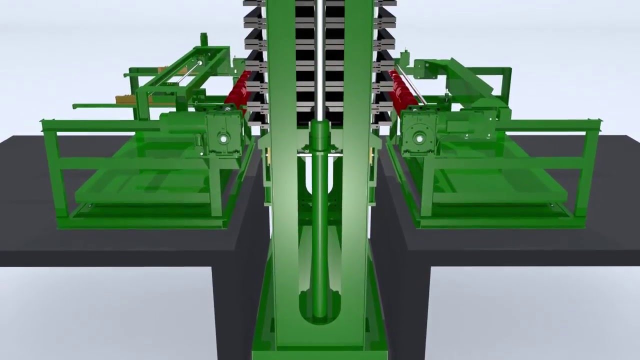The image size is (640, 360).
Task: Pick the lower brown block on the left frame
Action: pyautogui.click(x=125, y=99)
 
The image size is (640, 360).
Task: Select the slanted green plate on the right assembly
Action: pyautogui.click(x=472, y=77)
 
